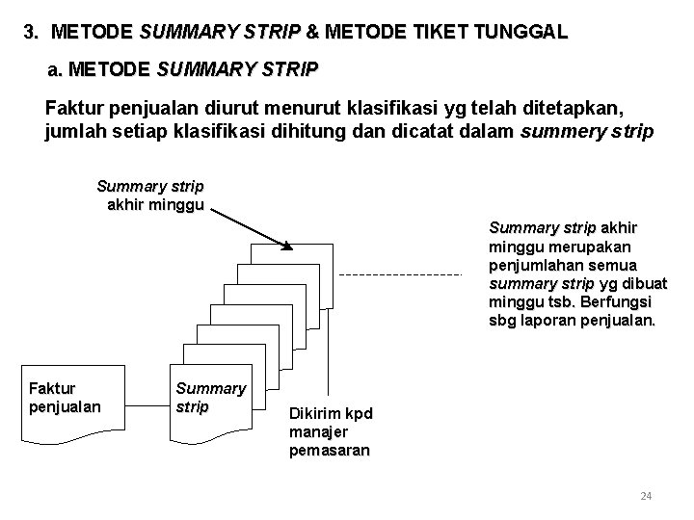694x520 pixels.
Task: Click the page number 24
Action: pyautogui.click(x=647, y=496)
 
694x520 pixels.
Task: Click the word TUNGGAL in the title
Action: pyautogui.click(x=520, y=32)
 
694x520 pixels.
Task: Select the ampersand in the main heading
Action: pyautogui.click(x=311, y=32)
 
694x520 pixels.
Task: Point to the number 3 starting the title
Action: pyautogui.click(x=31, y=32)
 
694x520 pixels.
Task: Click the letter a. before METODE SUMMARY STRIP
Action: pyautogui.click(x=55, y=70)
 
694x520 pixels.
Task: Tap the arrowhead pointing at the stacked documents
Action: pyautogui.click(x=286, y=247)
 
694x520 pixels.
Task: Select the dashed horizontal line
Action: pyautogui.click(x=402, y=275)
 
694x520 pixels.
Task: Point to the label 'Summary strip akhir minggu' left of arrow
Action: pyautogui.click(x=150, y=194)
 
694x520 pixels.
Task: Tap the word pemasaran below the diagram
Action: pyautogui.click(x=329, y=450)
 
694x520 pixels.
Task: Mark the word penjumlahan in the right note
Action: pyautogui.click(x=537, y=265)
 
